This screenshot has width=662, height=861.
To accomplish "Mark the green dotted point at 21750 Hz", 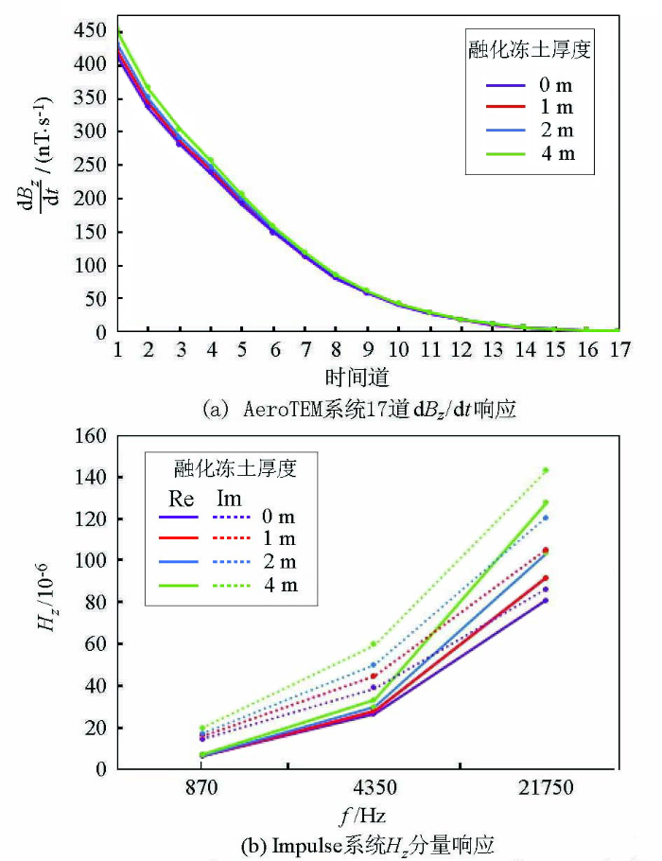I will pyautogui.click(x=546, y=470).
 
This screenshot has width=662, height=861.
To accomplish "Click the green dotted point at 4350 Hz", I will pyautogui.click(x=374, y=644).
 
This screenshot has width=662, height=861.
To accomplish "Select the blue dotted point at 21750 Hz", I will pyautogui.click(x=546, y=518).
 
